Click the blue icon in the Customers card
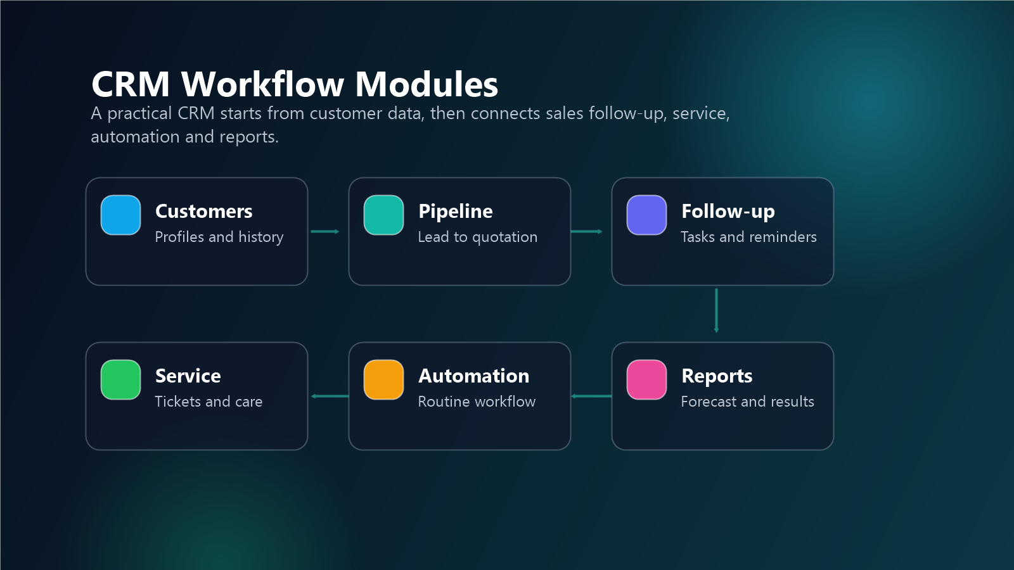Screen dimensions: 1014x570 120,215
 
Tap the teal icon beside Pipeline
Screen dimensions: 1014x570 383,215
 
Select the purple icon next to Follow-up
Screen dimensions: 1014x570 646,215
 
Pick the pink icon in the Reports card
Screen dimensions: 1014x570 646,379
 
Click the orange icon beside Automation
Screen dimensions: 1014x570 383,379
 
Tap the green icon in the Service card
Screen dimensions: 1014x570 120,379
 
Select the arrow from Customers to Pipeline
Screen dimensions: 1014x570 325,232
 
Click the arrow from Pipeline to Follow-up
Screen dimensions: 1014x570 587,232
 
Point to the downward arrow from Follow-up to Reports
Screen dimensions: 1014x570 716,310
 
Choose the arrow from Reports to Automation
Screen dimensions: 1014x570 591,396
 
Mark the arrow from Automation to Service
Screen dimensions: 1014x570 330,396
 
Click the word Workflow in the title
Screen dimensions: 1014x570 262,84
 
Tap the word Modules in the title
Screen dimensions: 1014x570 427,84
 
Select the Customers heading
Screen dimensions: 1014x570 203,212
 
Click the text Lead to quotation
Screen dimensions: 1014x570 478,237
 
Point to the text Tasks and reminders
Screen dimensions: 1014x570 748,237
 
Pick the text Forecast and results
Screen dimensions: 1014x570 747,402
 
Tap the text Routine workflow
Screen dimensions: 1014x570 477,402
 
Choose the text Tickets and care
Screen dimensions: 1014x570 209,402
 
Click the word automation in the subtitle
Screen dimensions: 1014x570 135,137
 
